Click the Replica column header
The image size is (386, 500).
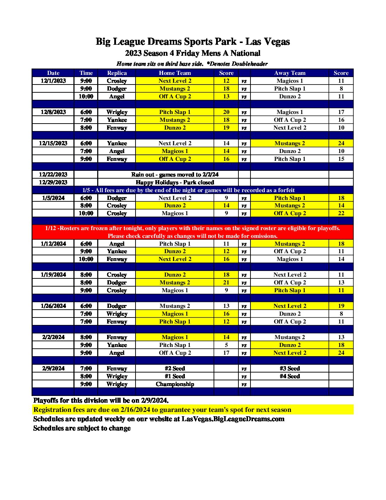(117, 73)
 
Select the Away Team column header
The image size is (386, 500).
(289, 73)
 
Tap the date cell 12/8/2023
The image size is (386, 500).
(53, 112)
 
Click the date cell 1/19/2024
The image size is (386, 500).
(53, 275)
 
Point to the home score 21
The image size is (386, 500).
(226, 283)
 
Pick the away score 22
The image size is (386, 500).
(341, 213)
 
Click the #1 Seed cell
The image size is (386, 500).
(175, 376)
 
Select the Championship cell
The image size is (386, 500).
(175, 384)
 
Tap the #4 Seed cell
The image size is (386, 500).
(289, 376)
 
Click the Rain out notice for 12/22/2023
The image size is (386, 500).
(175, 175)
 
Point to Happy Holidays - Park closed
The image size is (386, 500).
(175, 183)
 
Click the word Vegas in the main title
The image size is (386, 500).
(276, 42)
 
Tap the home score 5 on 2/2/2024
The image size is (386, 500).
(226, 345)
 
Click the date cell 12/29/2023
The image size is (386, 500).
(53, 183)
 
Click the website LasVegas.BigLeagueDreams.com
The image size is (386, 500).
(233, 419)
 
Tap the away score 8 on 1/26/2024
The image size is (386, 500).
(341, 314)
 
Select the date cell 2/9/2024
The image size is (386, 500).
(53, 369)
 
